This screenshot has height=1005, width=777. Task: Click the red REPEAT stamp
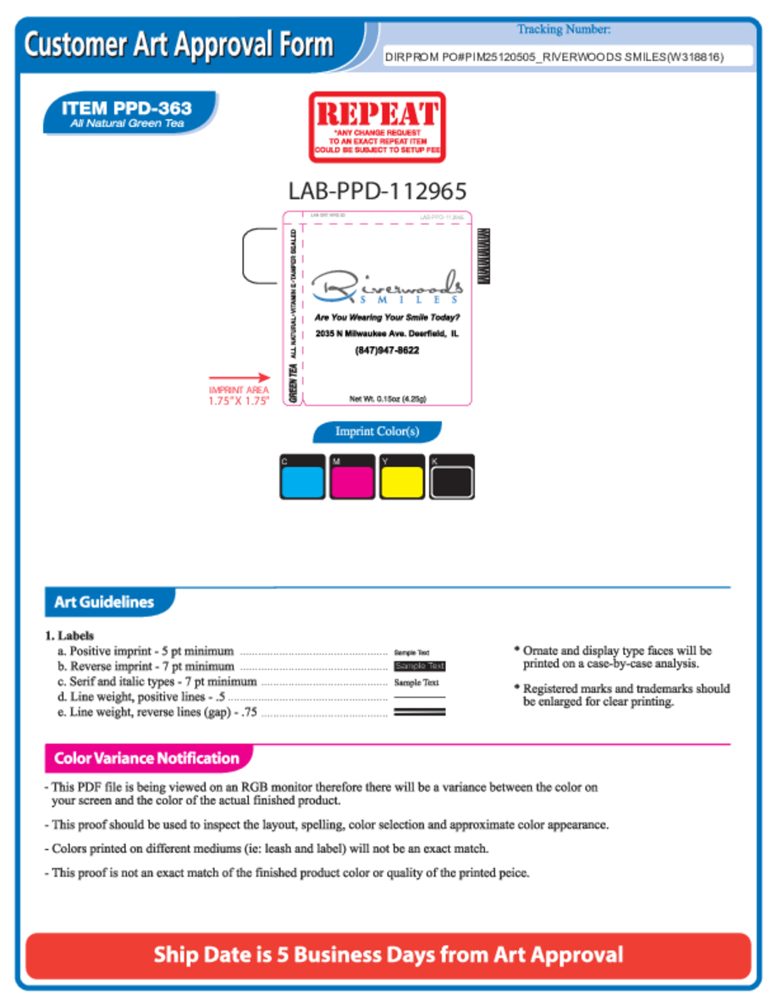(x=377, y=127)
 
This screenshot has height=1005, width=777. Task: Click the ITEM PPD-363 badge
(x=129, y=113)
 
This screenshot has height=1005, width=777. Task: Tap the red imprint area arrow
(x=240, y=378)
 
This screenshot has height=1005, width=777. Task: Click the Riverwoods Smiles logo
(x=387, y=288)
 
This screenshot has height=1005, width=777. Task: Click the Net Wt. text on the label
(x=388, y=398)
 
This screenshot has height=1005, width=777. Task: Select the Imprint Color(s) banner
(x=377, y=432)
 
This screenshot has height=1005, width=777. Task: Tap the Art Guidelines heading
(x=104, y=602)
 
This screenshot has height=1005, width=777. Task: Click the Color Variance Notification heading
(x=146, y=758)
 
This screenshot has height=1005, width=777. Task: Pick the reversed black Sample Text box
(x=420, y=667)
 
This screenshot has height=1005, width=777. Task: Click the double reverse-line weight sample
(x=420, y=712)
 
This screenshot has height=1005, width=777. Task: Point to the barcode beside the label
(x=484, y=255)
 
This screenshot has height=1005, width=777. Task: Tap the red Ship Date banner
(x=388, y=956)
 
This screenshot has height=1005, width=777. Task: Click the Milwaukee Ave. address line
(x=387, y=334)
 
